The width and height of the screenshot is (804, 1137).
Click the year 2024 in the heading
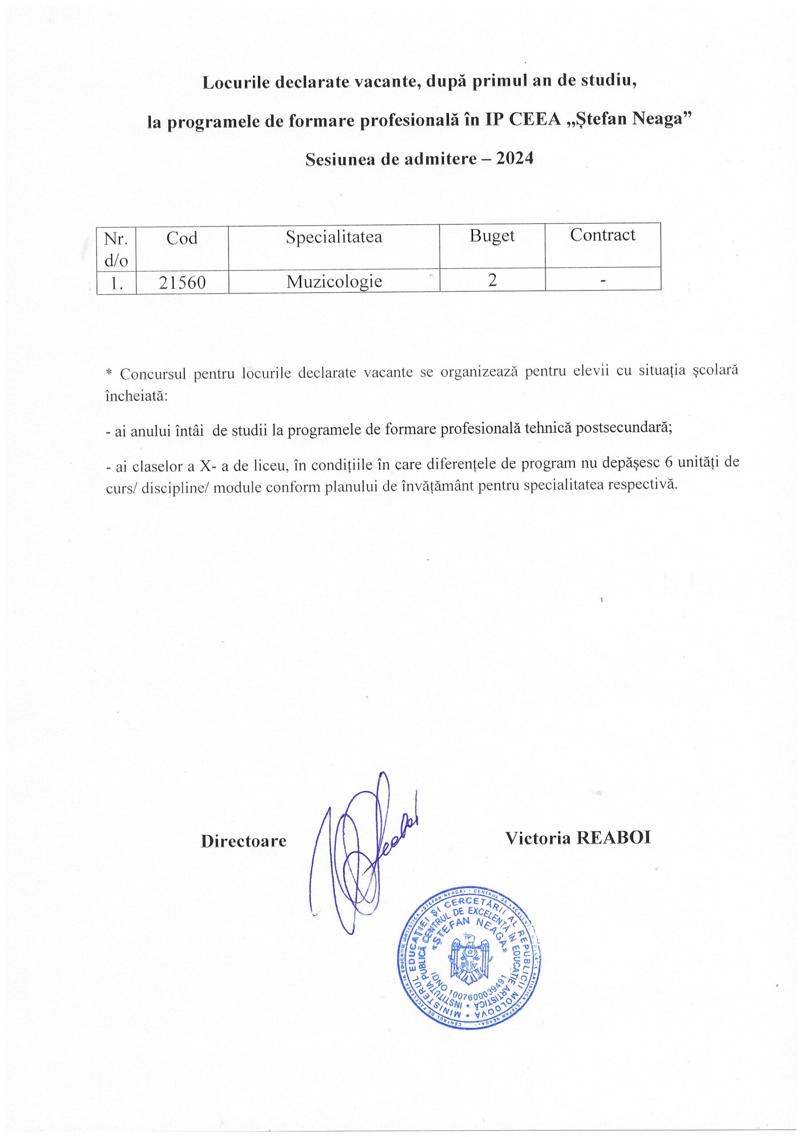515,159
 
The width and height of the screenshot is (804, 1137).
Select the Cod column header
182,238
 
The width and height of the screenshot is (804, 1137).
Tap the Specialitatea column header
334,237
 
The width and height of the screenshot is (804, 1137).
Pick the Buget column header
492,236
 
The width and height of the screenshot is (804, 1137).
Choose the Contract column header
602,235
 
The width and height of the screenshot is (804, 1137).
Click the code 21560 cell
182,282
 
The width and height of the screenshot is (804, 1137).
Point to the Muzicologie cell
334,281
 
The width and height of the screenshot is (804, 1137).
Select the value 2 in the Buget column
492,280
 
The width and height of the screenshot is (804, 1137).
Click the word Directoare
244,841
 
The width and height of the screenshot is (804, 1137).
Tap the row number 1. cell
117,283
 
